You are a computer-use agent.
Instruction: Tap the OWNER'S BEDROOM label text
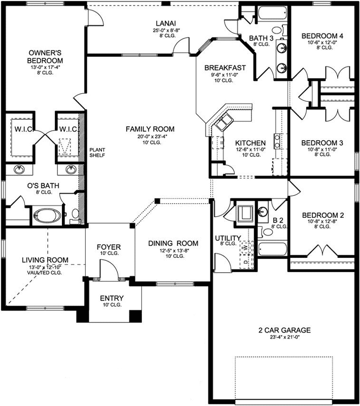click(x=45, y=56)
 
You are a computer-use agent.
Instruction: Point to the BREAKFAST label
click(x=225, y=67)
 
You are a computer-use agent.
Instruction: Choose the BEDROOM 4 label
click(x=322, y=36)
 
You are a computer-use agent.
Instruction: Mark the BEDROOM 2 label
click(x=322, y=215)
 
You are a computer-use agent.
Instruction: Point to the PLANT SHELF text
click(x=97, y=153)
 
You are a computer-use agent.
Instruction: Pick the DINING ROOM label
click(x=173, y=243)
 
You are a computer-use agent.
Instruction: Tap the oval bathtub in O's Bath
click(x=46, y=217)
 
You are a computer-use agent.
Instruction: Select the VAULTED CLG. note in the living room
click(x=45, y=273)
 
